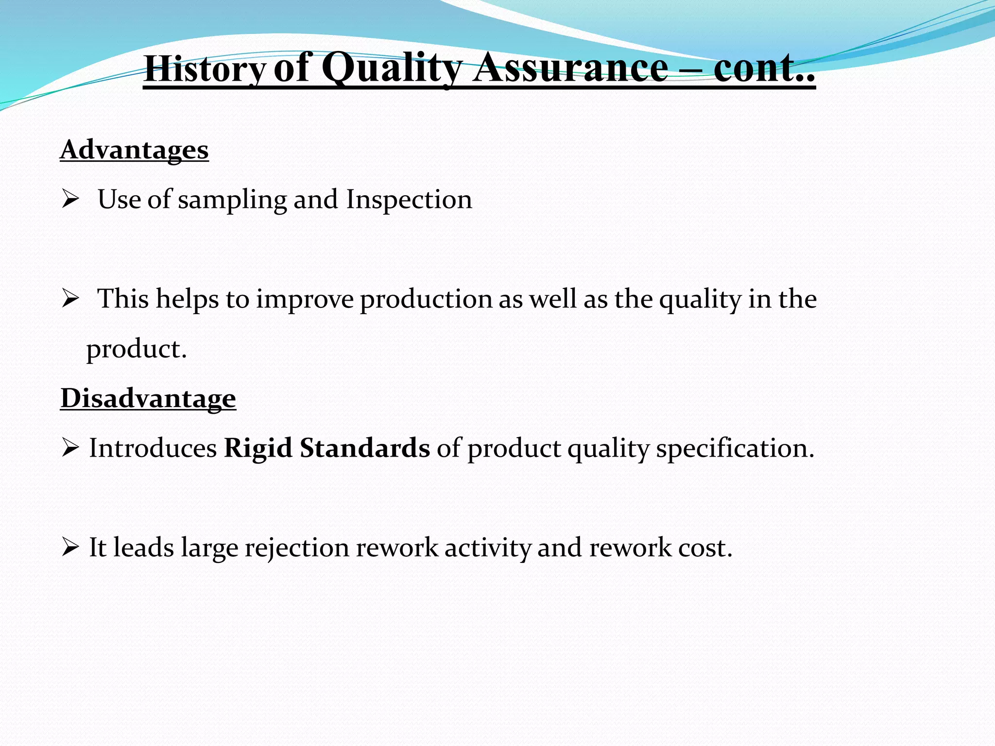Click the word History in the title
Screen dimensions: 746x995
(205, 69)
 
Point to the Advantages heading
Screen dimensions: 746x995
(134, 150)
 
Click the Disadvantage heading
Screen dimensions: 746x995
(148, 398)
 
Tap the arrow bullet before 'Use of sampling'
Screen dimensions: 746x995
(70, 200)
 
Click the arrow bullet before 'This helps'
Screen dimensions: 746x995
(70, 299)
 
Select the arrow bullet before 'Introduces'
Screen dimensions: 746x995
(70, 448)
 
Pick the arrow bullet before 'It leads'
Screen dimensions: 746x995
(70, 548)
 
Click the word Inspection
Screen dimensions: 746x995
(409, 200)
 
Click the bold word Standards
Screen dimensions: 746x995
(364, 448)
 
